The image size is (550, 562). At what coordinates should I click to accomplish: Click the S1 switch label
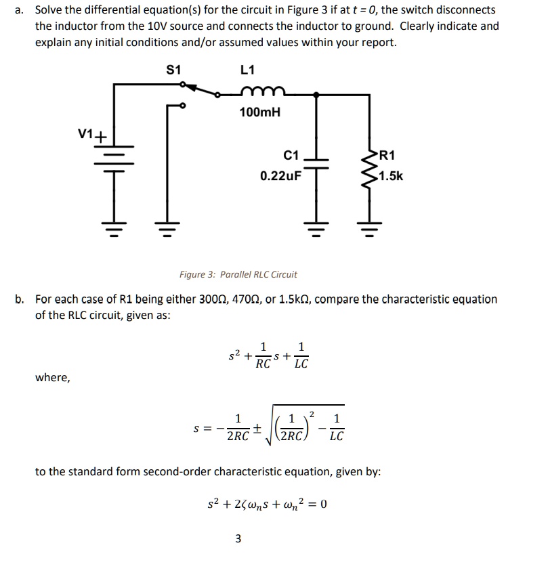coord(174,69)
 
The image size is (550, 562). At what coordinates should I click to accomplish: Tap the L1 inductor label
coord(248,69)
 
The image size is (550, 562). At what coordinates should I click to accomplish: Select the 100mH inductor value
coord(259,112)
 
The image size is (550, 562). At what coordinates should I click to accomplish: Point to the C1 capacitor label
coord(291,156)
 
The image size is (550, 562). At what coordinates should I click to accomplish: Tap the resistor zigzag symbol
coord(370,167)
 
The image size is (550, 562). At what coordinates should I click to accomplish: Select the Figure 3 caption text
coord(238,274)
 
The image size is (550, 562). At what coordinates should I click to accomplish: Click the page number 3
coord(238,539)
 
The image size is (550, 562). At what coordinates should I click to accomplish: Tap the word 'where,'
coord(52,377)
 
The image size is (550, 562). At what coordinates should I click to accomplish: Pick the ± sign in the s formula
coord(258,428)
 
